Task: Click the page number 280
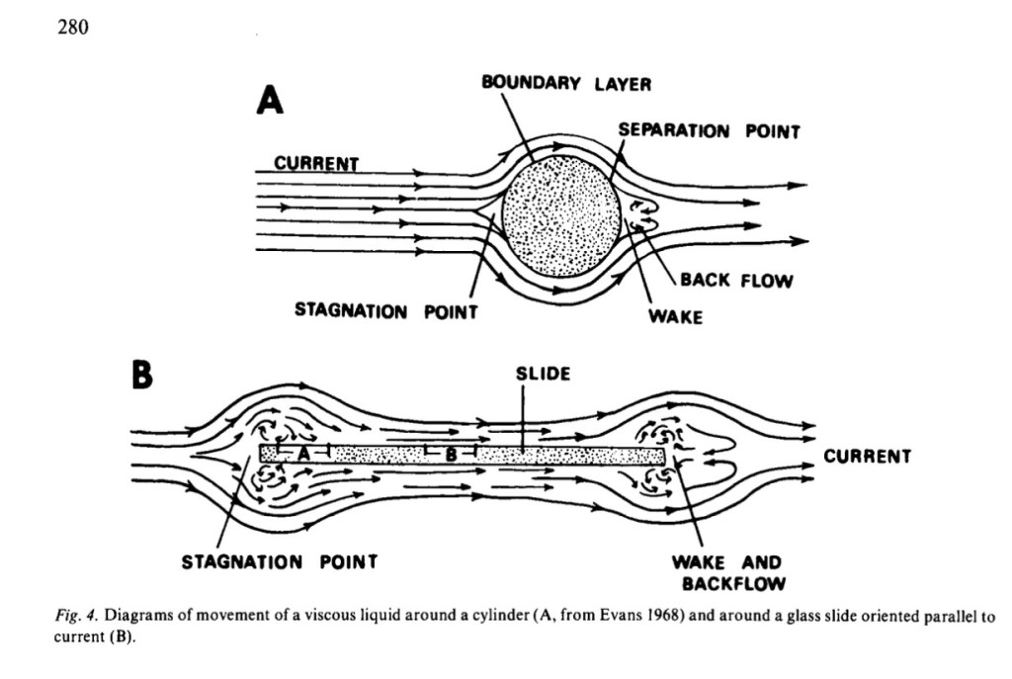72,28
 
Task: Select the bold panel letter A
269,99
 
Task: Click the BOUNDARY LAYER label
566,84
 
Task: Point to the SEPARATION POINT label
709,130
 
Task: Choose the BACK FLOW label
736,281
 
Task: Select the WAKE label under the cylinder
675,316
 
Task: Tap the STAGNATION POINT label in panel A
386,311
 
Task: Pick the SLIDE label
543,375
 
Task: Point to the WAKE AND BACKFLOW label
726,572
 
